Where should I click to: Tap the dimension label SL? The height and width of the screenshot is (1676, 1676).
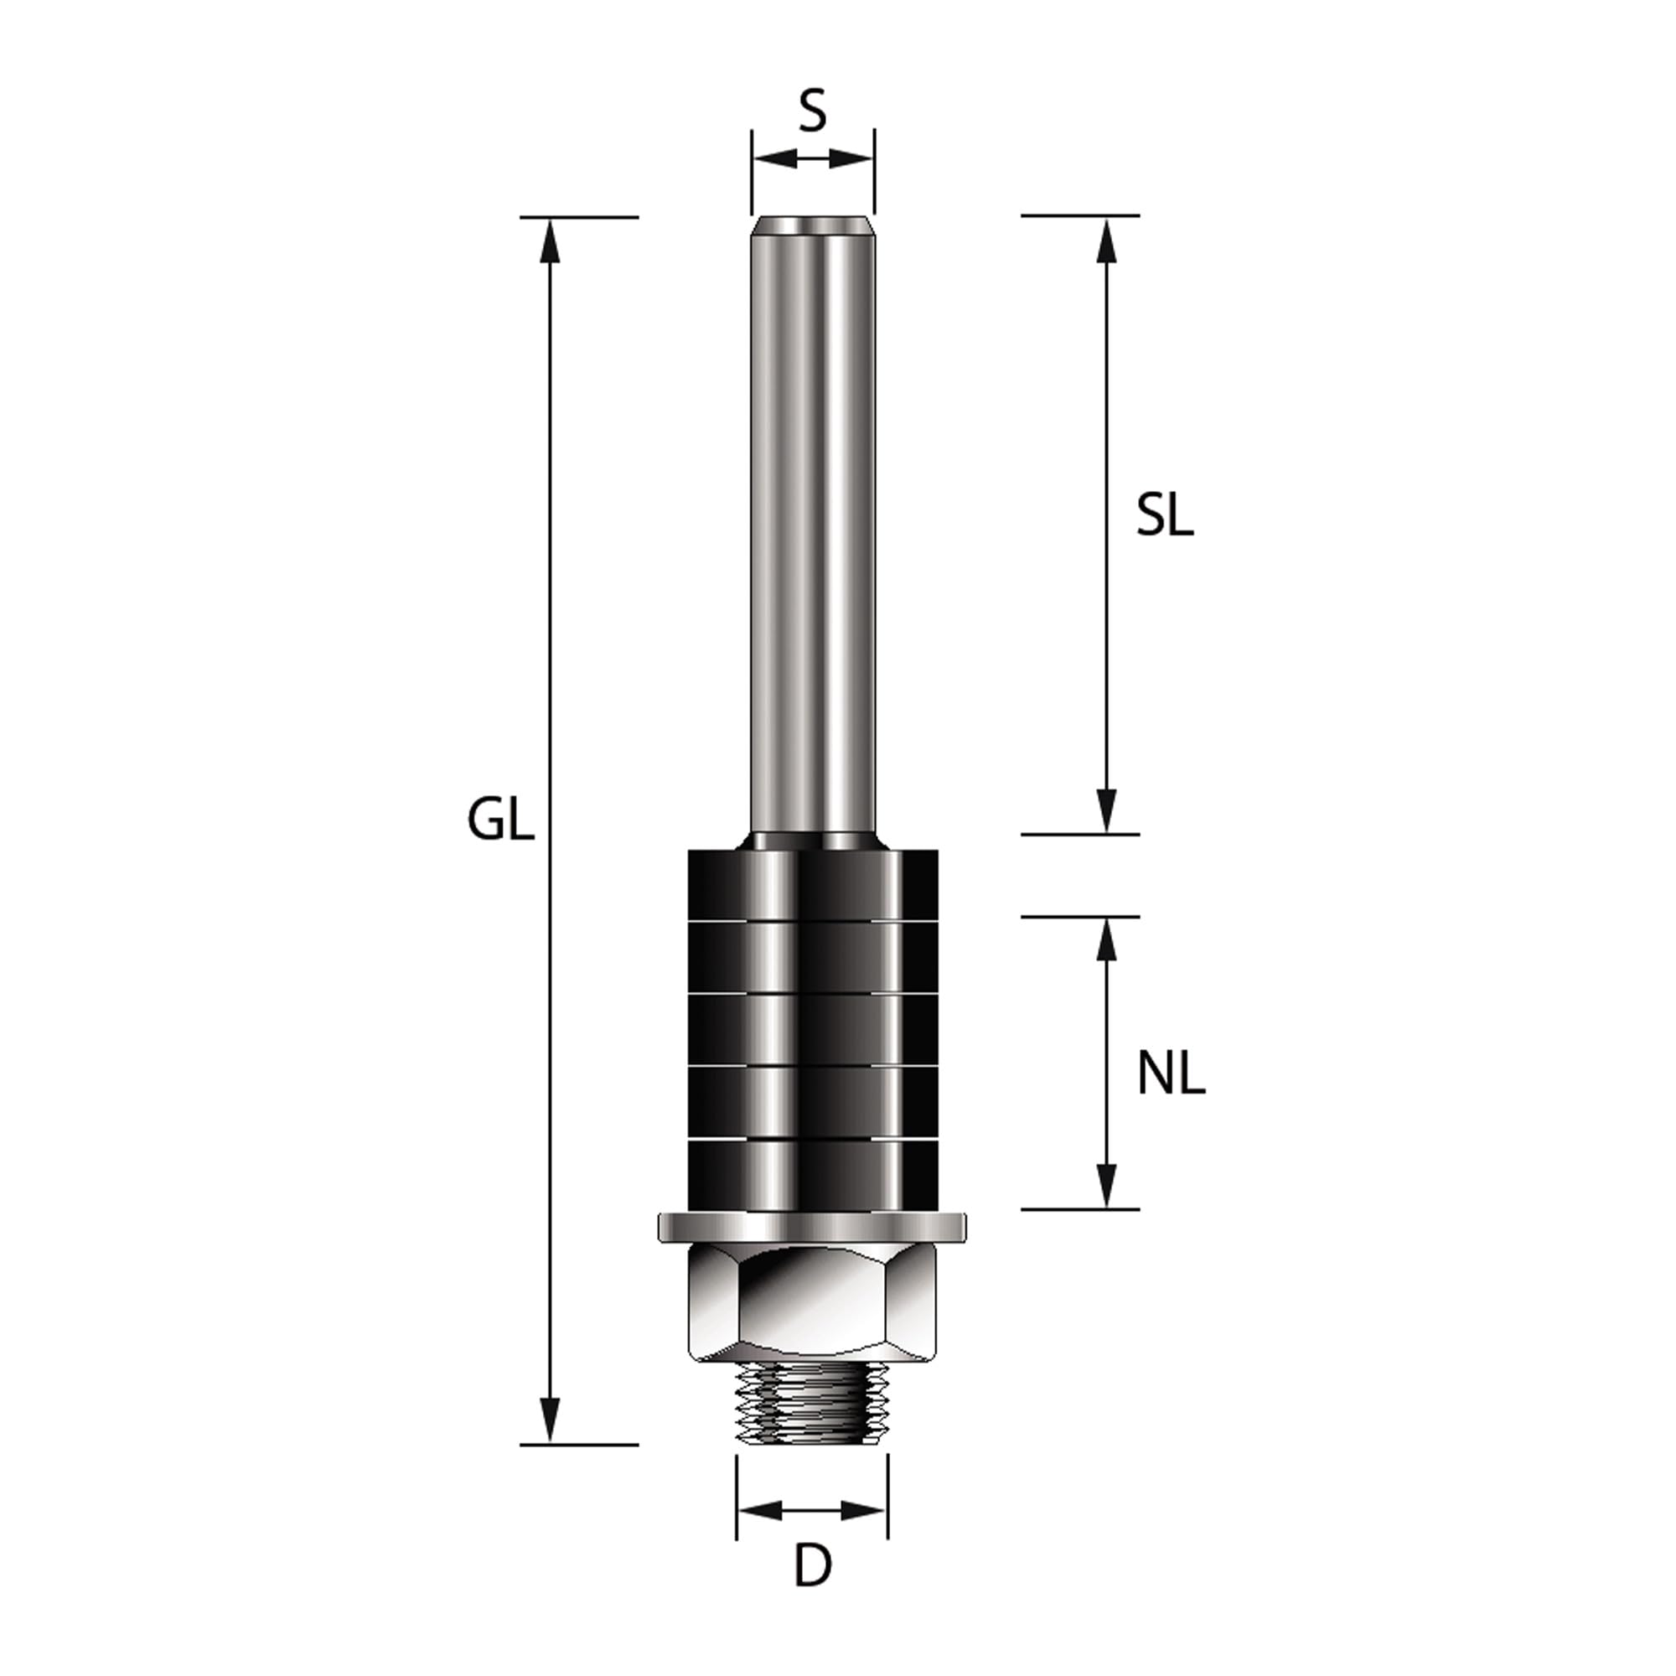[1165, 516]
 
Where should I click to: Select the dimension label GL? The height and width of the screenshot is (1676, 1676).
[500, 820]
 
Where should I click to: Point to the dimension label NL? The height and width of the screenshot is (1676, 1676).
[1172, 1076]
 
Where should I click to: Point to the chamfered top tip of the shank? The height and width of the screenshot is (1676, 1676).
[813, 225]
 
